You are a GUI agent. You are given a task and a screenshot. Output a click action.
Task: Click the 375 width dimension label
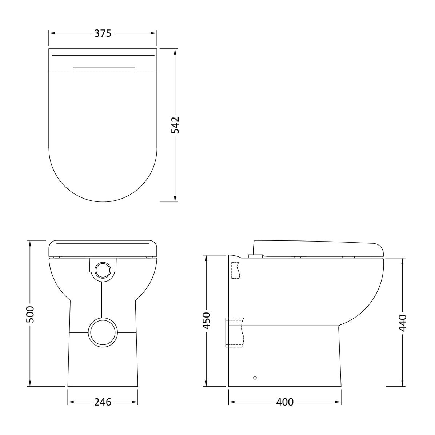pyautogui.click(x=103, y=33)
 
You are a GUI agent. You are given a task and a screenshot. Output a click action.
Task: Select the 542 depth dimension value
pyautogui.click(x=175, y=125)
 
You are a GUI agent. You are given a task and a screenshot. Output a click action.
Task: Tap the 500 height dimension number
pyautogui.click(x=30, y=314)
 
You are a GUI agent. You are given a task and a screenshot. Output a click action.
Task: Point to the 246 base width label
pyautogui.click(x=103, y=402)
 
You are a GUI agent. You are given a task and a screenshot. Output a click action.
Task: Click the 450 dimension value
pyautogui.click(x=207, y=321)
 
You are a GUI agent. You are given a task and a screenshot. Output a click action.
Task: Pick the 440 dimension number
pyautogui.click(x=403, y=323)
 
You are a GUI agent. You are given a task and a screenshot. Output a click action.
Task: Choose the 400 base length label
pyautogui.click(x=285, y=402)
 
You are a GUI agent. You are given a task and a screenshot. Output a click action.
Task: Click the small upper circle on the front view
pyautogui.click(x=103, y=270)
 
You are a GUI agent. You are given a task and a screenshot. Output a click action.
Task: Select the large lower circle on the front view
pyautogui.click(x=103, y=333)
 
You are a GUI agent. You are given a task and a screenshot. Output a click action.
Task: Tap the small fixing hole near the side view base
pyautogui.click(x=255, y=378)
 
